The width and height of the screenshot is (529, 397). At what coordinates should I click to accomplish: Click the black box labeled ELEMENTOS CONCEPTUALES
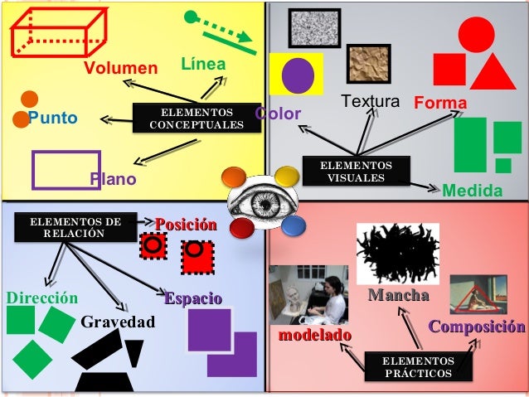tap(197, 118)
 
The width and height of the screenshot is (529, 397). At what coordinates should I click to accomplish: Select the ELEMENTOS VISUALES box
tap(357, 172)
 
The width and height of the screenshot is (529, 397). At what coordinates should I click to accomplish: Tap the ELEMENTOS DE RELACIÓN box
tap(75, 227)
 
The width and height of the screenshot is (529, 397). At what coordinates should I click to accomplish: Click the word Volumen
tap(119, 67)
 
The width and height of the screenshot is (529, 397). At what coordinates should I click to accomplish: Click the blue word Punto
tap(53, 118)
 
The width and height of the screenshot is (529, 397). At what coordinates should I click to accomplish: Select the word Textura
tap(371, 103)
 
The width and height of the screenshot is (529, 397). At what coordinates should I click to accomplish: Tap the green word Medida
tap(473, 191)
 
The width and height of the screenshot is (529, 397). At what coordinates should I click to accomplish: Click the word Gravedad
tap(118, 321)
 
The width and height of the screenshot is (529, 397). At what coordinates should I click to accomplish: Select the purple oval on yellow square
tap(296, 74)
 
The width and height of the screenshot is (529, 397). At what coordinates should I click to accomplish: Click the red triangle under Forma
tap(493, 71)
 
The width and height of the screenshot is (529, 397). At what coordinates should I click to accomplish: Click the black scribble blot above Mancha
tap(397, 254)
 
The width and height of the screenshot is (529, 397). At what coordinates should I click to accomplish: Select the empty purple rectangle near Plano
tap(66, 169)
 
